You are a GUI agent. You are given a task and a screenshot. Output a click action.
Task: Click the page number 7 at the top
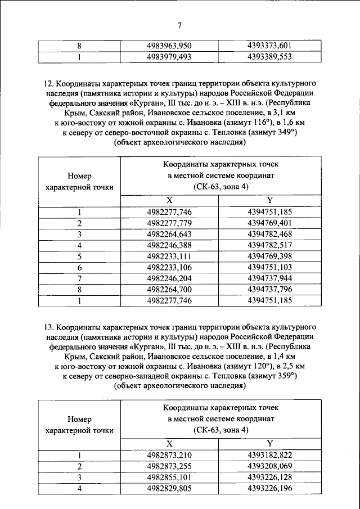(179, 24)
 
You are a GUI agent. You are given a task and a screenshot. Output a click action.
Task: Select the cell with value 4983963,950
(169, 46)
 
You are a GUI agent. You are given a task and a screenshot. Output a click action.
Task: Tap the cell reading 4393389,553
(269, 56)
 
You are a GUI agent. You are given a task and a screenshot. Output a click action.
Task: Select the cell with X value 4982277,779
(169, 223)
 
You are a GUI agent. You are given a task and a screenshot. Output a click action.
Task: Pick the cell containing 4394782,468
(269, 234)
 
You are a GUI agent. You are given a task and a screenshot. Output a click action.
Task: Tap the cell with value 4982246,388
(169, 245)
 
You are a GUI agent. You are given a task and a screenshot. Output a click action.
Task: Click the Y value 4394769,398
(269, 256)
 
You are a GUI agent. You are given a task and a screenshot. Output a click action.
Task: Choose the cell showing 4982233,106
(169, 267)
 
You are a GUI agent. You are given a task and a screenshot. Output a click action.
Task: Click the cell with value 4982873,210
(169, 455)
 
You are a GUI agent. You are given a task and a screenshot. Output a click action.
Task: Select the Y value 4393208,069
(269, 466)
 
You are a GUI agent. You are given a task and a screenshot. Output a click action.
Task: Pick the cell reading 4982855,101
(169, 477)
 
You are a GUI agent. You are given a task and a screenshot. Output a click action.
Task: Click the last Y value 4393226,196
(269, 488)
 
